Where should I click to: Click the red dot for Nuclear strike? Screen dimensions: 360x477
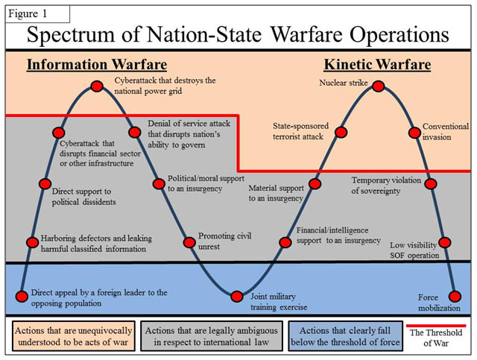pos(378,87)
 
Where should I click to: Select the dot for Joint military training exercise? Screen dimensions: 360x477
pos(237,296)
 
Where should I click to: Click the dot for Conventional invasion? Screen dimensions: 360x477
pos(414,133)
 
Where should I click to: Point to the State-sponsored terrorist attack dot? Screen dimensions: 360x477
pos(341,133)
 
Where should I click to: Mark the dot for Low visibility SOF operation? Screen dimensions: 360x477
pos(444,242)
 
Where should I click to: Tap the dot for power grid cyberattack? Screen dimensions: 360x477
pos(97,86)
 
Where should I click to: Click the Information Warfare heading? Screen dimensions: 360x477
pos(96,65)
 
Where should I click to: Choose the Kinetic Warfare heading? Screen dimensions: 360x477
pos(376,65)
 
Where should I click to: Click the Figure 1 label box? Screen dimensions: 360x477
pos(38,13)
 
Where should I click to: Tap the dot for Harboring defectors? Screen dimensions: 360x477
pos(32,242)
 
